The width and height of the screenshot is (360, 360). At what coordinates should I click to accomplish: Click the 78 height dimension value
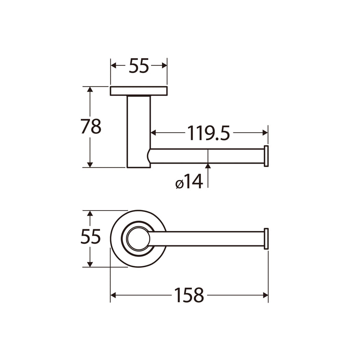(91, 126)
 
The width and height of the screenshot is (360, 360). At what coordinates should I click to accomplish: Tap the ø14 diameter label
(189, 181)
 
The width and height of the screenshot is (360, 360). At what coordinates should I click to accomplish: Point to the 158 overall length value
(189, 295)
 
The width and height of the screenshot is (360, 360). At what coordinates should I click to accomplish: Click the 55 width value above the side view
(139, 65)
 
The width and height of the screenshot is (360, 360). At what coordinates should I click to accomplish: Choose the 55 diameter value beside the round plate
(90, 236)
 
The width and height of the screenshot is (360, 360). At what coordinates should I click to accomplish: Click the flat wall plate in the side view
(139, 91)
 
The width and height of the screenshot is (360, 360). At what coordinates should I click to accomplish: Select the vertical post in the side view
(139, 131)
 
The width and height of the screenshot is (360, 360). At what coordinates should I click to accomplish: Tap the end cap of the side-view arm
(266, 156)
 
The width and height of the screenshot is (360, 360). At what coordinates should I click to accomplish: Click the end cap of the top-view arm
(266, 239)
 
